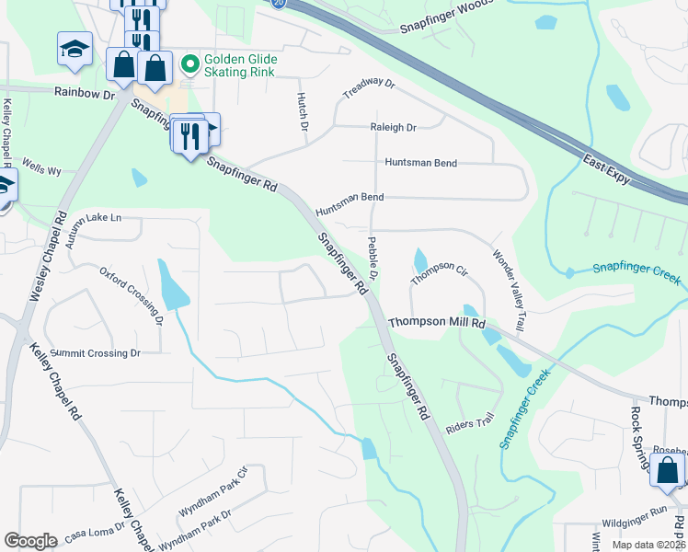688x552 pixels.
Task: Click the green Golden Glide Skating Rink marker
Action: [190, 64]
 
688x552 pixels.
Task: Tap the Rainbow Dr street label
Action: [83, 93]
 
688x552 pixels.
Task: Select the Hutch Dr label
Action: [302, 110]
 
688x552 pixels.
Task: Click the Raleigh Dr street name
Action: [393, 128]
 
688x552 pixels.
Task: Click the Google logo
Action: [30, 541]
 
